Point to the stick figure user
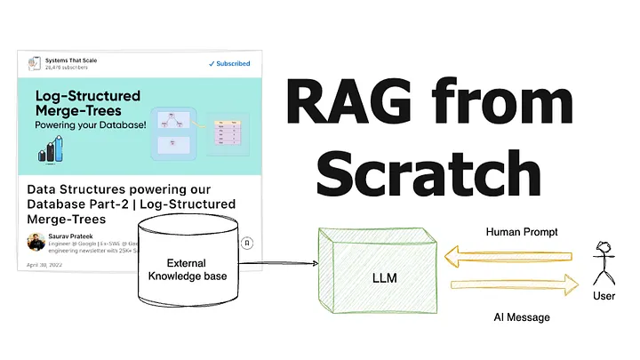click(604, 263)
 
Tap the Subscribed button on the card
click(229, 64)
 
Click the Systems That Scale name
click(71, 60)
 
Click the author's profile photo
click(36, 242)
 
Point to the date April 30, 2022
click(44, 265)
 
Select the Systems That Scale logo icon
click(34, 63)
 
